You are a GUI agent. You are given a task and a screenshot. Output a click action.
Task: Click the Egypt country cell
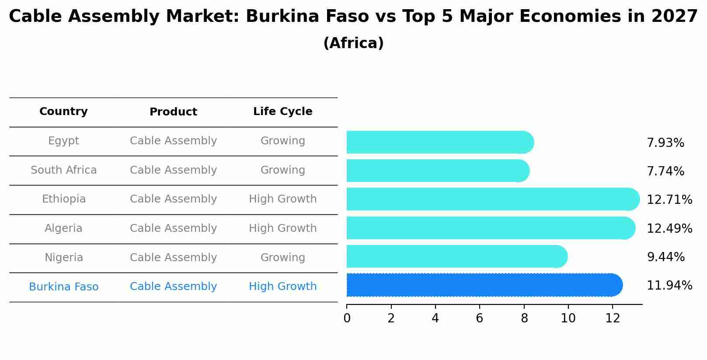(63, 141)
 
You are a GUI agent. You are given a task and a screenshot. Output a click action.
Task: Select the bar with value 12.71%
(490, 199)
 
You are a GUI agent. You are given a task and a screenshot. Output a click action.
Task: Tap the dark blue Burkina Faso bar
(481, 285)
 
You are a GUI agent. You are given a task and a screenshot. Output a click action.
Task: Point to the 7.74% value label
(665, 171)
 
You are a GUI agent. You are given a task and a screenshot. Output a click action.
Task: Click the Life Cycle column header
(282, 112)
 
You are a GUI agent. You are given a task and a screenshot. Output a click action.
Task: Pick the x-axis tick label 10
(568, 318)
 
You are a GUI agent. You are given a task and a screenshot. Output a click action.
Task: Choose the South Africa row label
(63, 170)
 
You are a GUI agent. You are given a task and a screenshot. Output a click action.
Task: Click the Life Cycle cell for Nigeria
(282, 258)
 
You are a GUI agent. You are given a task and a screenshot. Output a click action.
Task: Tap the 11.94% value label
(669, 286)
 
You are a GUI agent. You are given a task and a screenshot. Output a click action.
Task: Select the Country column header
(63, 112)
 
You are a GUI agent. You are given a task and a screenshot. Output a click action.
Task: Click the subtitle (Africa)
(353, 43)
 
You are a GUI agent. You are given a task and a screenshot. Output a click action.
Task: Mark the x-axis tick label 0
(347, 318)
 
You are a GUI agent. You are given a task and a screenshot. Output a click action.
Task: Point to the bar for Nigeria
(455, 257)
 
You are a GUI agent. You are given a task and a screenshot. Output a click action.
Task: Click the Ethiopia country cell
(63, 199)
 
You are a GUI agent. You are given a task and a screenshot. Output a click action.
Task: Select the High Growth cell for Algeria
(282, 228)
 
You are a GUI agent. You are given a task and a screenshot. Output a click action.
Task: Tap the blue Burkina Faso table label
(63, 287)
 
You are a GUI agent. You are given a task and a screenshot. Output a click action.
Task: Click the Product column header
(173, 112)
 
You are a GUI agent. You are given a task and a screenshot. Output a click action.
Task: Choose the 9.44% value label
(665, 257)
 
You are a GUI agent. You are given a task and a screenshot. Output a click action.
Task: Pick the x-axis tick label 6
(479, 318)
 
